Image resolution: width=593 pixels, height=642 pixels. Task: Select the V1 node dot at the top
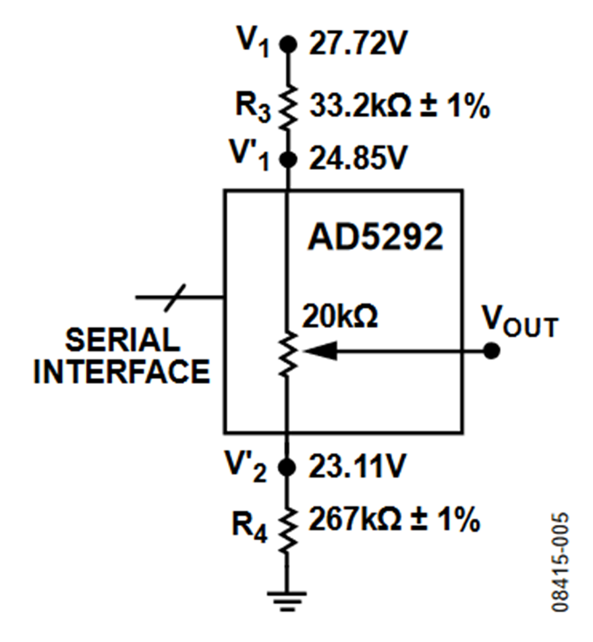(287, 44)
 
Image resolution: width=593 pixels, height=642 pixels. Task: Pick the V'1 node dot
(287, 159)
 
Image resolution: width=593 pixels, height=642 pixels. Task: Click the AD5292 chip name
(376, 237)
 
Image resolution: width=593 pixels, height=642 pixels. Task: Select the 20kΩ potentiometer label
(340, 318)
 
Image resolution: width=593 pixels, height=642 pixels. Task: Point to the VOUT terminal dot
(491, 351)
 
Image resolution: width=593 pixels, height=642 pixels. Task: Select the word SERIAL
(123, 340)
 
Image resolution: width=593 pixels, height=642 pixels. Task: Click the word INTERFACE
(123, 371)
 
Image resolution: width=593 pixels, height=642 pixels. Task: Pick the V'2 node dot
(287, 467)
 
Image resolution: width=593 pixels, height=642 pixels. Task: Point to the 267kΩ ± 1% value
(393, 520)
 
